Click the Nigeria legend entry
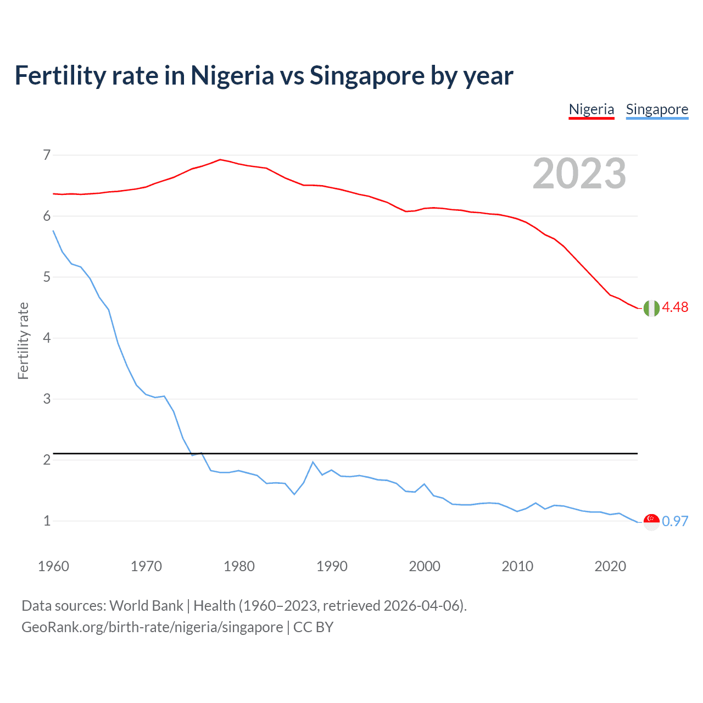591,109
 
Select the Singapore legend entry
657,109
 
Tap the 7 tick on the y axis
47,155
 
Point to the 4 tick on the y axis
47,338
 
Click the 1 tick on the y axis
47,521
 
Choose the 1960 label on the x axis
53,566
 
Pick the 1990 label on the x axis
332,566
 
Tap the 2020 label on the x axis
610,566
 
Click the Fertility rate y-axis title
23,341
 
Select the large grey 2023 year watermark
579,174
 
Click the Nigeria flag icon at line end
651,308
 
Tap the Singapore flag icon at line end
651,522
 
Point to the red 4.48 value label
675,308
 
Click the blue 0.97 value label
675,521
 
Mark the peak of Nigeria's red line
220,159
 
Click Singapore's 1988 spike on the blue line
313,462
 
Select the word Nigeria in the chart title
232,75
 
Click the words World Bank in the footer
146,606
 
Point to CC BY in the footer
313,627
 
